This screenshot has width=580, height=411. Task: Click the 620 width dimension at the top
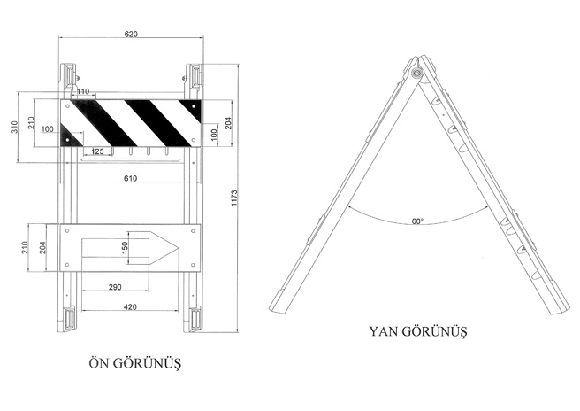131,34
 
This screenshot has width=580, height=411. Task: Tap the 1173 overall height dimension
234,198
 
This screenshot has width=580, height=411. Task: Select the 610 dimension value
130,179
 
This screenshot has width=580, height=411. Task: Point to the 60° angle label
417,221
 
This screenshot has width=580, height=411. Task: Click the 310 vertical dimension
14,128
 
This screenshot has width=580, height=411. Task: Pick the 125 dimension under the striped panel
97,151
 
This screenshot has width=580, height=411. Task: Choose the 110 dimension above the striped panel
83,91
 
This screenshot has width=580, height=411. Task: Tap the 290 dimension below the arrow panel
115,287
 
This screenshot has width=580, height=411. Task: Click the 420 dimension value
130,306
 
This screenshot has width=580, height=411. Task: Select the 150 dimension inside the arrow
125,247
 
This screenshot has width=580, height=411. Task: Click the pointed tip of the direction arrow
179,247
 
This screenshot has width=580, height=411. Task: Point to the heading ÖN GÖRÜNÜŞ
135,363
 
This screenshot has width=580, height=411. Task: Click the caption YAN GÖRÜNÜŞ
418,330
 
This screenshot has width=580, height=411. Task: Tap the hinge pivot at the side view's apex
418,73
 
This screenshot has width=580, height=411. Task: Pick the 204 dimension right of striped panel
228,123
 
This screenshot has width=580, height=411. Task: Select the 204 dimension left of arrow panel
43,247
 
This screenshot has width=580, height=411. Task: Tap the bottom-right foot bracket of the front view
193,319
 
